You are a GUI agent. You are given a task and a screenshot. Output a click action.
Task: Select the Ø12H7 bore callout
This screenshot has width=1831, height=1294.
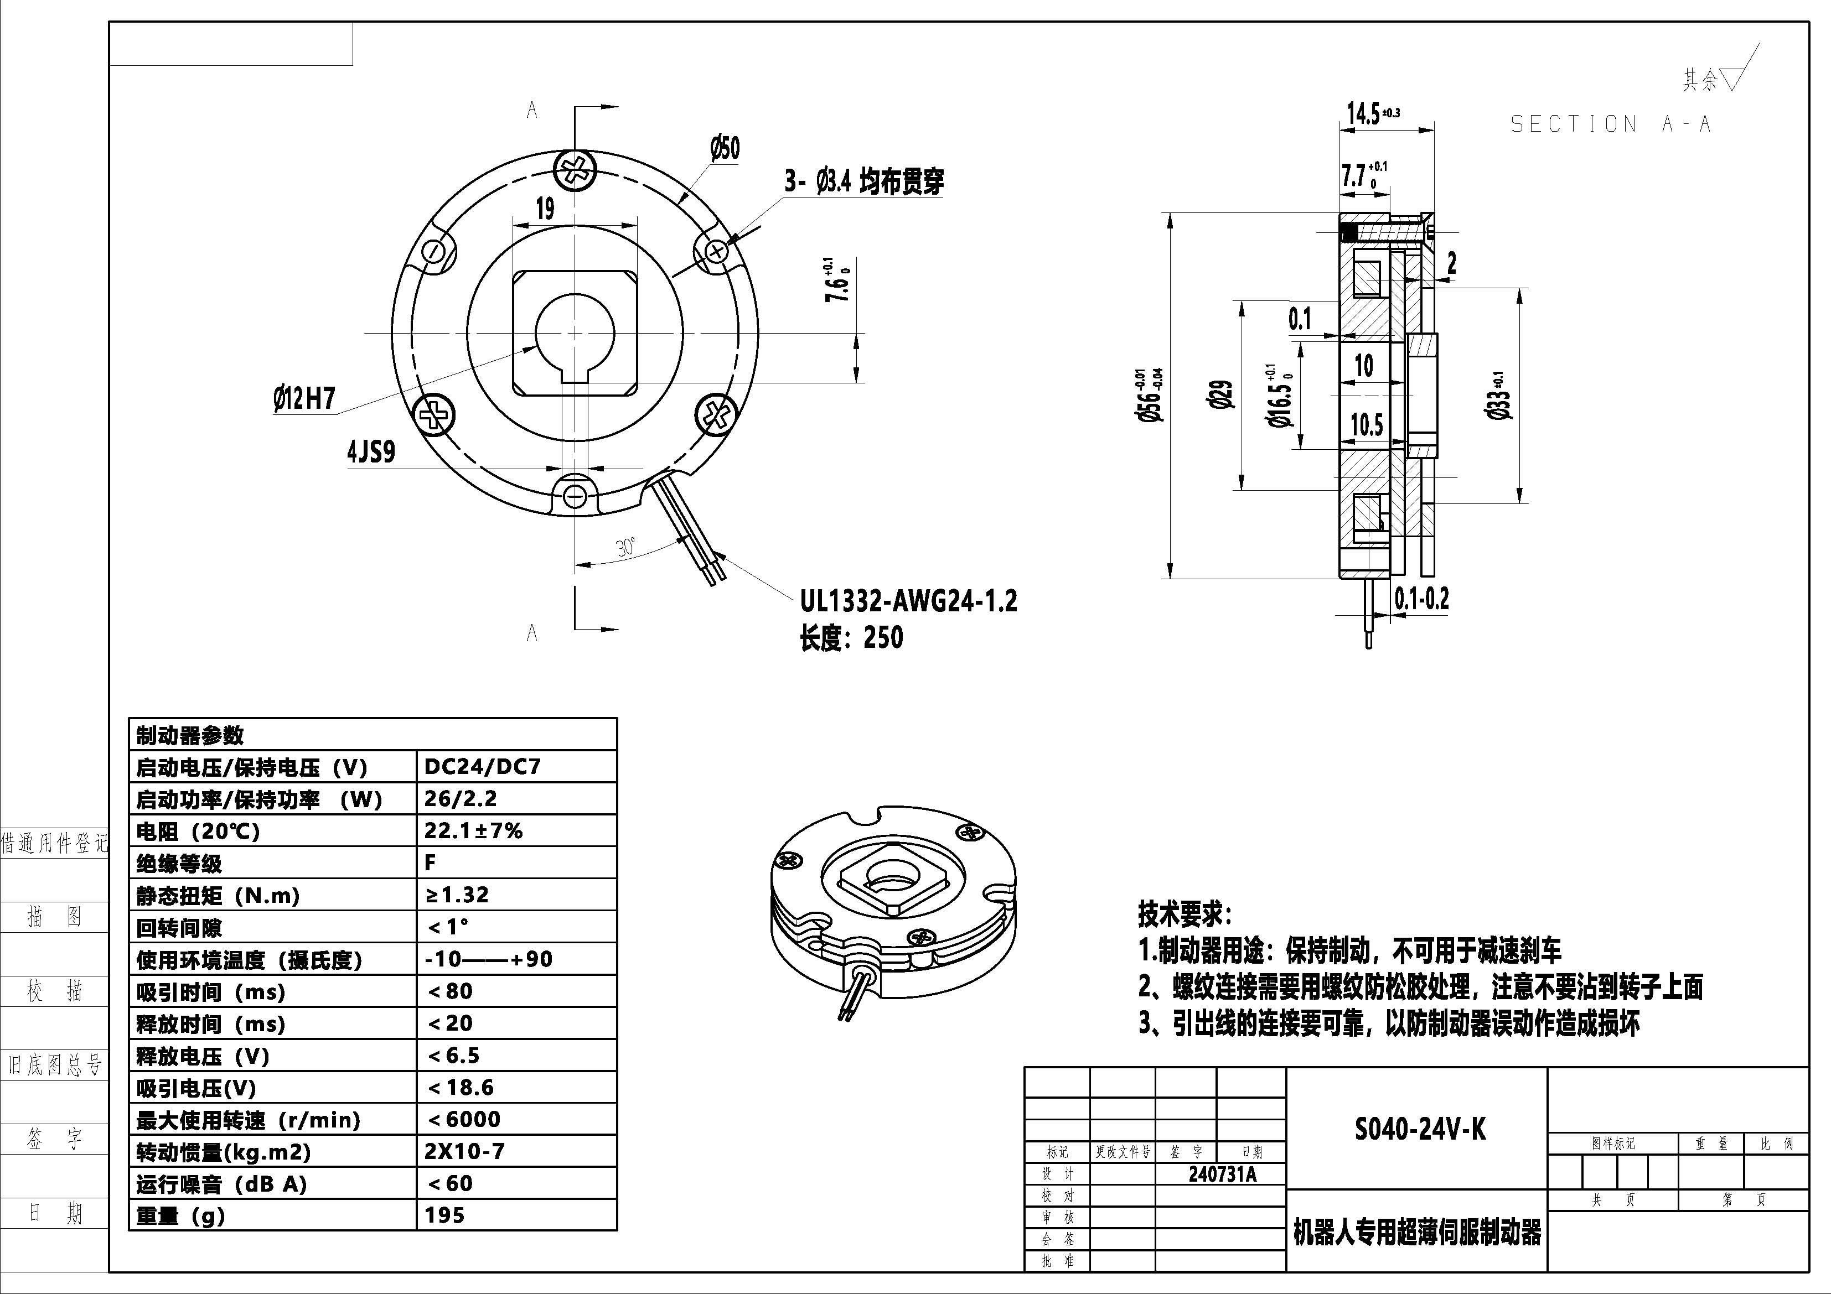coord(304,398)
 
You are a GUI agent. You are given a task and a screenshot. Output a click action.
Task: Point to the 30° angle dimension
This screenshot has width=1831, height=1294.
coord(626,547)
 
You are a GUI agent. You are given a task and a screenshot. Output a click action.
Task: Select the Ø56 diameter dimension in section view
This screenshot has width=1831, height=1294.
coord(1150,394)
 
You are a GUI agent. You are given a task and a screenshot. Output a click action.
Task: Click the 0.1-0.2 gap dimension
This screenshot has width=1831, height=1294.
coord(1421,598)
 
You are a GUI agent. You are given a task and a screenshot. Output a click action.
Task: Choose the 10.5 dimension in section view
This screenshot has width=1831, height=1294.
coord(1366,425)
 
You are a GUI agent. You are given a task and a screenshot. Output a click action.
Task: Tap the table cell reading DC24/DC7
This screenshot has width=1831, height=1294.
coord(483,767)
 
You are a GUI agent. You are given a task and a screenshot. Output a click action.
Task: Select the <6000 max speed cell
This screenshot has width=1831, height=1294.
coord(464,1119)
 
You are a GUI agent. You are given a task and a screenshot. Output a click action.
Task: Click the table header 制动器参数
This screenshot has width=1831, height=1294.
coord(190,735)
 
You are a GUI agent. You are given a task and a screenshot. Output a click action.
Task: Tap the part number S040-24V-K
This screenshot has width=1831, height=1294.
coord(1420,1130)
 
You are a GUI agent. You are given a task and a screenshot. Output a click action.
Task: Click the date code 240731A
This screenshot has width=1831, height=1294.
coord(1222,1175)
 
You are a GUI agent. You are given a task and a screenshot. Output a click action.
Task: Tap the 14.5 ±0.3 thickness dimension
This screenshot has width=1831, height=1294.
coord(1372,114)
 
